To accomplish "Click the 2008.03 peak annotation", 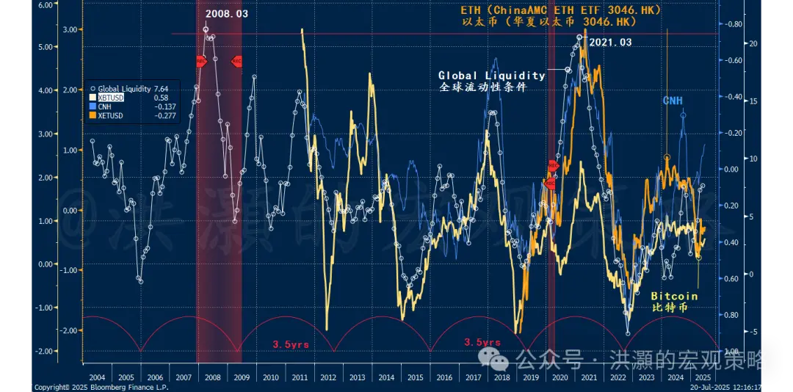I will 226,14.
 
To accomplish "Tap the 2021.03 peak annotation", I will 609,43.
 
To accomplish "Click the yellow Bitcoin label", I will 674,296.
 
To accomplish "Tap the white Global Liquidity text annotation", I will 491,75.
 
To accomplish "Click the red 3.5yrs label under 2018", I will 482,343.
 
